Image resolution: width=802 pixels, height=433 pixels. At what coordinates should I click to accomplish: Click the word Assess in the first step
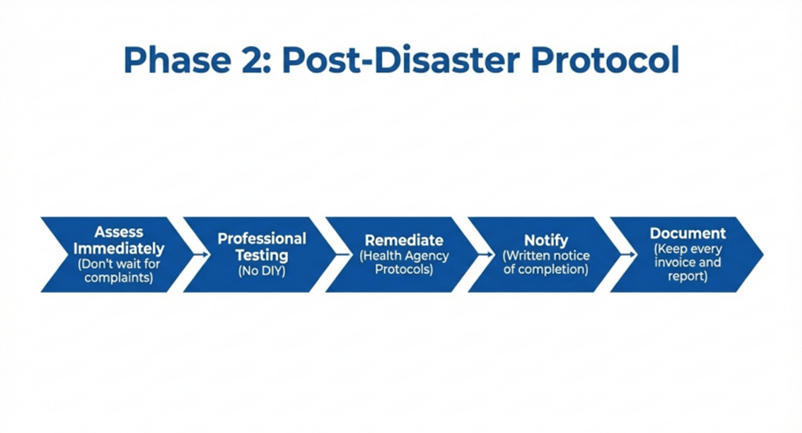tap(118, 233)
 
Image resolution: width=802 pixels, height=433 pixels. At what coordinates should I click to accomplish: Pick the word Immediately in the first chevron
tap(118, 248)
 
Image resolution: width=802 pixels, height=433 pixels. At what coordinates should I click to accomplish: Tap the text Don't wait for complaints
tap(118, 271)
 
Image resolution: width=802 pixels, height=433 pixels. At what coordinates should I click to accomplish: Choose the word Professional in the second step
tap(262, 239)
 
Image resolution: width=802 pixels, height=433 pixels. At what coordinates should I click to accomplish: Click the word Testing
tap(262, 254)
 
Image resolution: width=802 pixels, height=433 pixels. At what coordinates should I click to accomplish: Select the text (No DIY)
tap(262, 270)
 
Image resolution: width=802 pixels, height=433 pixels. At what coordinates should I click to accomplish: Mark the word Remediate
tap(404, 240)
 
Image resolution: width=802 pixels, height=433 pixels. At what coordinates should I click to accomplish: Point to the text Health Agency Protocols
tap(404, 263)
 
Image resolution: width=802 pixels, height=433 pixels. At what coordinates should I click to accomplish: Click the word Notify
tap(546, 240)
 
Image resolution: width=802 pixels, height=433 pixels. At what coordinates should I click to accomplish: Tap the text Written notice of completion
tap(546, 263)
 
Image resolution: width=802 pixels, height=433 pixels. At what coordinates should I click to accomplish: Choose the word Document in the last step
tap(688, 233)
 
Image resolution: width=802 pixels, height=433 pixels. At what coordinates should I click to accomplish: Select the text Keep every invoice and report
tap(688, 263)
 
